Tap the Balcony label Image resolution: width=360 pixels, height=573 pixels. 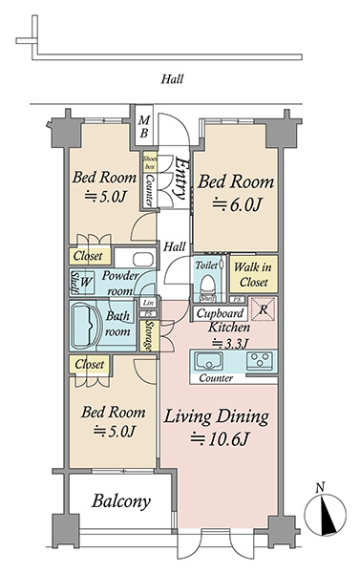121,501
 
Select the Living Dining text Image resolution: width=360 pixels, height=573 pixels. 216,417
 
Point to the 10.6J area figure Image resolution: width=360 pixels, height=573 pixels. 220,439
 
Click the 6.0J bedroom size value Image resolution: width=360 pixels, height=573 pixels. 237,204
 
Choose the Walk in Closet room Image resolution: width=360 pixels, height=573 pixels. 253,274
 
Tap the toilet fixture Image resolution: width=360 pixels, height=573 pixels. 207,286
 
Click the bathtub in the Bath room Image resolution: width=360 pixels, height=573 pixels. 86,326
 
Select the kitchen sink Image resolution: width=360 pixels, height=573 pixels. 208,361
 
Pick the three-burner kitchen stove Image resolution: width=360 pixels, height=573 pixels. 260,360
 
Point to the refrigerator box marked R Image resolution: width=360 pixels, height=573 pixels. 262,309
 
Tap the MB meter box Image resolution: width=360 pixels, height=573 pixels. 144,126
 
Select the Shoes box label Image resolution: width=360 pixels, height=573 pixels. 149,162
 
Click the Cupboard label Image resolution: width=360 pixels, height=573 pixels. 220,313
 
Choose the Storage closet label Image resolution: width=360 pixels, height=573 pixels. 150,335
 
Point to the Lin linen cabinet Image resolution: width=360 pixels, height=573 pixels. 148,303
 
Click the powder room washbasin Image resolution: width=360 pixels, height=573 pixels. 142,260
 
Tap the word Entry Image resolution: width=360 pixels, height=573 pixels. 181,178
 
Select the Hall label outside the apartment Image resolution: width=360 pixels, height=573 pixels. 172,79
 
